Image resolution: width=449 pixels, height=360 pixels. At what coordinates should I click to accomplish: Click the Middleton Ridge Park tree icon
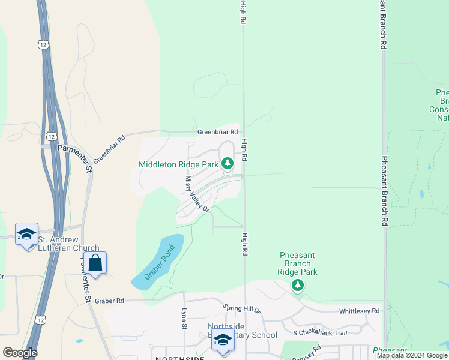pos(227,163)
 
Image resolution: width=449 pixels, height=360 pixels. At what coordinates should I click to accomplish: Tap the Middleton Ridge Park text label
pos(178,164)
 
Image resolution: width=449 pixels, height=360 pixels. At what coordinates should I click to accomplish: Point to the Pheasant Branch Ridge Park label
pos(298,263)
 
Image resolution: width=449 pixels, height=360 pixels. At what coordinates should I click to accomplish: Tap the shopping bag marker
pos(95,263)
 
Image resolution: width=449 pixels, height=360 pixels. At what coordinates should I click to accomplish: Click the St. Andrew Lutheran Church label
pos(68,244)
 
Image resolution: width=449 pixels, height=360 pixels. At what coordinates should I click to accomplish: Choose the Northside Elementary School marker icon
pos(223,340)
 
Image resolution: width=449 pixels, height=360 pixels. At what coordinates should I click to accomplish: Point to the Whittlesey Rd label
pos(359,311)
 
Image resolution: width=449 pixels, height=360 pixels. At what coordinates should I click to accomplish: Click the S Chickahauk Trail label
pos(320,332)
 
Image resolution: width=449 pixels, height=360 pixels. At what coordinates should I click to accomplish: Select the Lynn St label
pos(184,319)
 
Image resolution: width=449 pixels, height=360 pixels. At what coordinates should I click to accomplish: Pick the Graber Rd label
pos(109,301)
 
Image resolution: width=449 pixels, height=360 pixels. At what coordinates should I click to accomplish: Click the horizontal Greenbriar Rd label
pos(218,132)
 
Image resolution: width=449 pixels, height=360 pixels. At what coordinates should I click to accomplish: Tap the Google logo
pos(20,353)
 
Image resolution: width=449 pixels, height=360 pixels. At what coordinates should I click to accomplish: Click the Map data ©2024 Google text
pos(412,355)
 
